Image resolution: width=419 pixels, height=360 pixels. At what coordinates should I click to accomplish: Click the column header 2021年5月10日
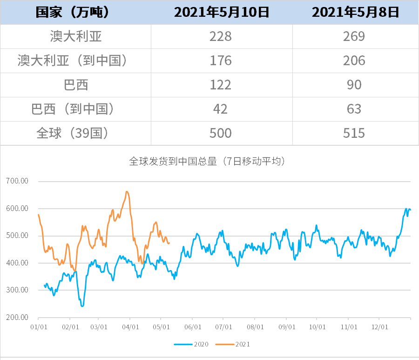point(222,12)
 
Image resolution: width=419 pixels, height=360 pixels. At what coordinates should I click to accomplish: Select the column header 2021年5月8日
point(355,12)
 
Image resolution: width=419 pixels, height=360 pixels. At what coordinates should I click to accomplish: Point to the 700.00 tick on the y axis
point(17,181)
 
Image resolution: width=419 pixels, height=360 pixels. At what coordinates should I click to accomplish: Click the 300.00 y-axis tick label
point(17,290)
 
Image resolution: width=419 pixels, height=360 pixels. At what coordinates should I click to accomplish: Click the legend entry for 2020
point(191,345)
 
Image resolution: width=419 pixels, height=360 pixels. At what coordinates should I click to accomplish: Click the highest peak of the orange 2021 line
point(127,191)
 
